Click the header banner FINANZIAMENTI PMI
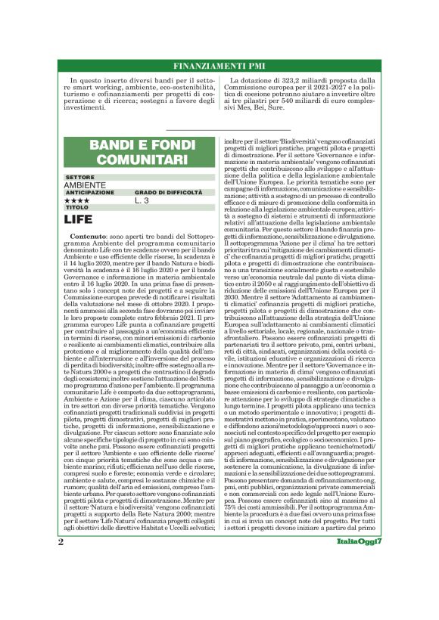pos(219,64)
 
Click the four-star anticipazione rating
pos(76,200)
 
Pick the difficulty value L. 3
pos(142,200)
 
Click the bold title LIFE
pos(79,219)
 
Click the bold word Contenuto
pos(90,237)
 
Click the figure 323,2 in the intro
pos(300,79)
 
